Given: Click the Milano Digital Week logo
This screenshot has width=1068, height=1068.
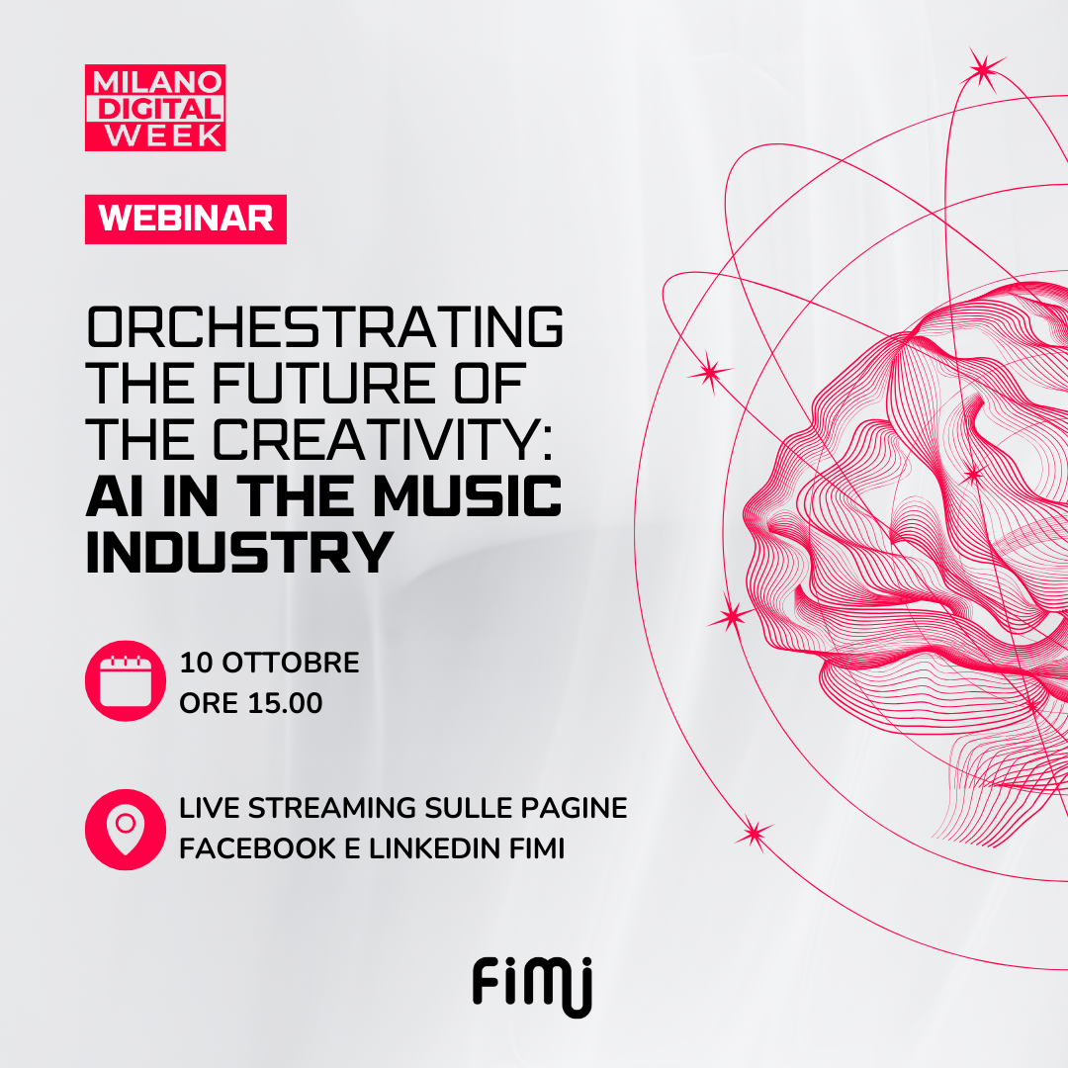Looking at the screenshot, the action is (x=155, y=108).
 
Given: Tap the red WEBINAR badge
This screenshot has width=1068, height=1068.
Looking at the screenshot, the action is (x=186, y=219).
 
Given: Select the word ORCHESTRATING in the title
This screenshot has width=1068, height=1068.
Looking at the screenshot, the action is (x=325, y=327).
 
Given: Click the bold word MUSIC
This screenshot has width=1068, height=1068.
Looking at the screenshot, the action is (x=467, y=495).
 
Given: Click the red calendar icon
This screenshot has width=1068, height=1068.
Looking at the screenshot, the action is (x=126, y=680).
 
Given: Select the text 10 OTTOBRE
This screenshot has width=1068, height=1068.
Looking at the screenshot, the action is (x=269, y=663).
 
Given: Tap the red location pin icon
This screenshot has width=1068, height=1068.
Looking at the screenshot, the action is (x=126, y=830).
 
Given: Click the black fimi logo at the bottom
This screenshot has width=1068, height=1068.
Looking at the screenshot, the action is (x=533, y=986).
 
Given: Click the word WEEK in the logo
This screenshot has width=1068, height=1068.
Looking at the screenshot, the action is (x=164, y=134).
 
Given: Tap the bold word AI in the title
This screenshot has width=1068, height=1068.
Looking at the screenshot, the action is (x=115, y=495).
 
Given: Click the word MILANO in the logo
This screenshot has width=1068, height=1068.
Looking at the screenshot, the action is (x=157, y=82).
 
